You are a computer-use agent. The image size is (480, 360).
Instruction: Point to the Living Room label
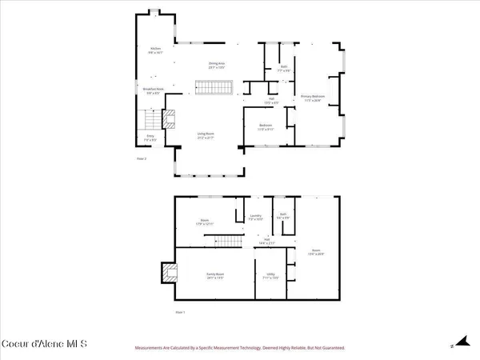tap(206, 135)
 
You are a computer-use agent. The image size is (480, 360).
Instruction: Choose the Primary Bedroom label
tap(310, 98)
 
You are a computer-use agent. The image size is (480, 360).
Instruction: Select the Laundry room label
tap(256, 218)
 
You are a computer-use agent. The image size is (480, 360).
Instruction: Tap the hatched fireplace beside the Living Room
tap(169, 120)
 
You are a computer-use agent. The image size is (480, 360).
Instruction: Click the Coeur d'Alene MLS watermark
tap(45, 345)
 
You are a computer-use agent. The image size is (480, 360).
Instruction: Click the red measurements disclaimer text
tap(239, 348)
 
